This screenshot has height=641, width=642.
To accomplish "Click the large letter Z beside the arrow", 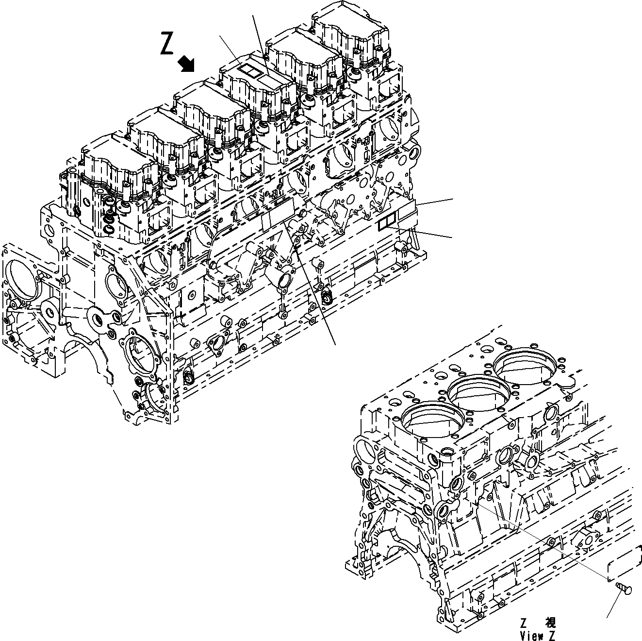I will (x=166, y=45).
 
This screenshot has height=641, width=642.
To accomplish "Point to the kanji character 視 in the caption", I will (x=550, y=623).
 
